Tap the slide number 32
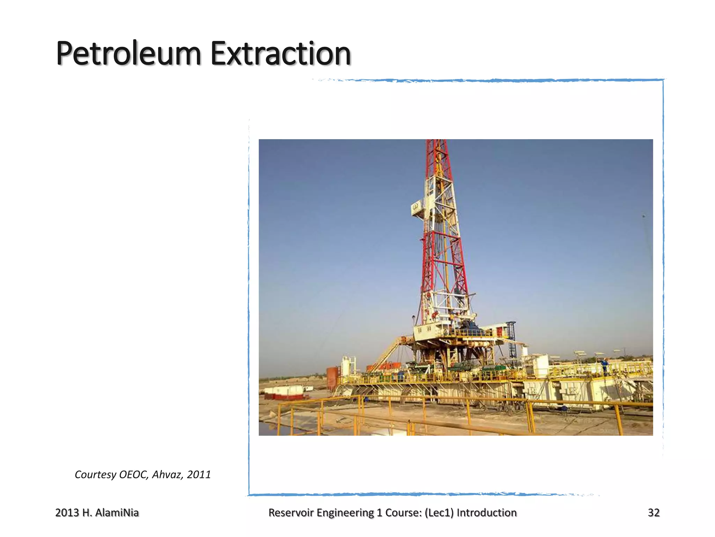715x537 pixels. [654, 513]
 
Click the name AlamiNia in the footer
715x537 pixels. [117, 513]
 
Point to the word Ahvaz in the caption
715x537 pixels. [167, 474]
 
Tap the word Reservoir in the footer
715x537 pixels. [291, 513]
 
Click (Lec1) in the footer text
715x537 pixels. [439, 513]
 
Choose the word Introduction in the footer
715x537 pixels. [487, 513]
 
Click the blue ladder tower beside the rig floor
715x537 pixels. [511, 339]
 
